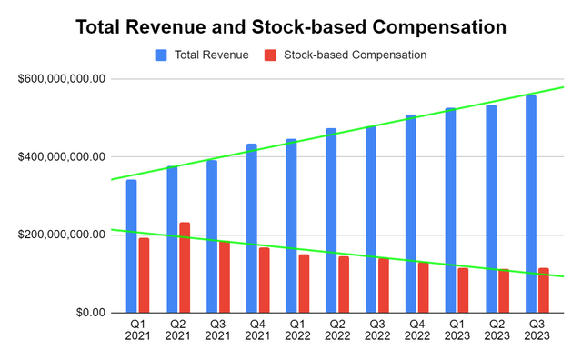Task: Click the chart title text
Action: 291,27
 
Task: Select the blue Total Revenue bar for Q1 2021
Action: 132,245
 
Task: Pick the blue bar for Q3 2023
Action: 531,204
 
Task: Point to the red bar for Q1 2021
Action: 144,275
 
